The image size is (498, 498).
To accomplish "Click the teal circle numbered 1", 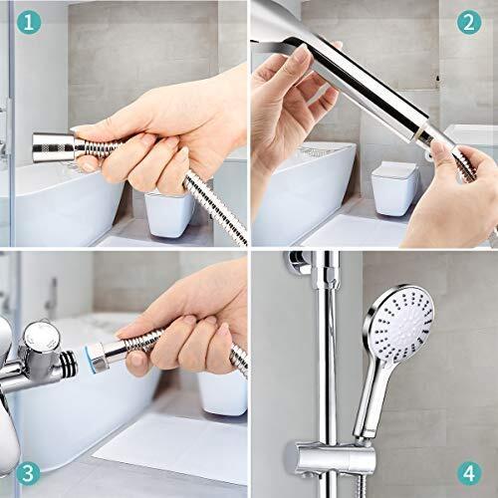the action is pyautogui.click(x=29, y=22).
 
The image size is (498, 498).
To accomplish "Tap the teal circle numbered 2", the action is pyautogui.click(x=469, y=22).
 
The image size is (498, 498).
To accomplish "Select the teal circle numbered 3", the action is pyautogui.click(x=28, y=473).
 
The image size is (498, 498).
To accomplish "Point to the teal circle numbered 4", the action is pyautogui.click(x=469, y=473).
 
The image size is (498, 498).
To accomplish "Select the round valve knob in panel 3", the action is pyautogui.click(x=43, y=338).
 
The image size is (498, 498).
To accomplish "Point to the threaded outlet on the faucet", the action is pyautogui.click(x=69, y=366).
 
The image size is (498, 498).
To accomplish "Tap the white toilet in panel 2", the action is pyautogui.click(x=394, y=188).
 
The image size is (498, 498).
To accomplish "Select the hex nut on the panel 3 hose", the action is pyautogui.click(x=100, y=358).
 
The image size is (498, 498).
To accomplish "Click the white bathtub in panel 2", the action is pyautogui.click(x=302, y=192).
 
